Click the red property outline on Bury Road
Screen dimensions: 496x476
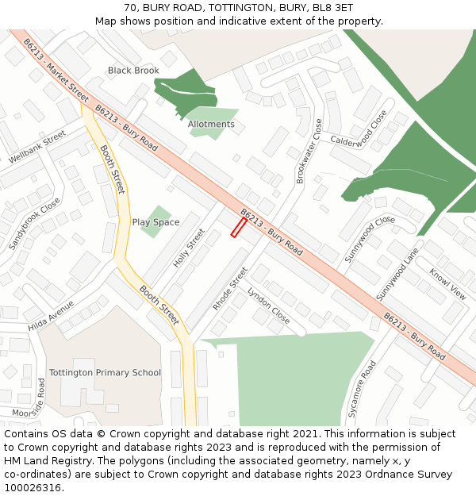(x=238, y=228)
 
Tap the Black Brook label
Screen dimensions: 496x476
(x=133, y=71)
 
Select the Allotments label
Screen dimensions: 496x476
(x=211, y=125)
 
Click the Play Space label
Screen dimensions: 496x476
(x=155, y=222)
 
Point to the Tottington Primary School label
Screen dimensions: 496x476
(x=105, y=372)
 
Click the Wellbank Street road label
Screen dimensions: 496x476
(x=37, y=148)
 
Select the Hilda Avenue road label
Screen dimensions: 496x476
(x=51, y=316)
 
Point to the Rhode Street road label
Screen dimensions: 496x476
(x=230, y=288)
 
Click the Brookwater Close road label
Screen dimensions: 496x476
(x=309, y=152)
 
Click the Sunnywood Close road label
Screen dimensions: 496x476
(x=370, y=239)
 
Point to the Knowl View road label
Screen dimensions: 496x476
(x=448, y=284)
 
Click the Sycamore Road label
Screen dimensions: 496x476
(x=362, y=389)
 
